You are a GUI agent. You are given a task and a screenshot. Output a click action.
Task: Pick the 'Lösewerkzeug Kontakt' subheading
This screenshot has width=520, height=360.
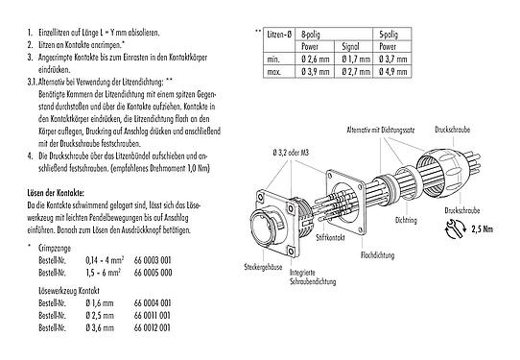tap(65, 288)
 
